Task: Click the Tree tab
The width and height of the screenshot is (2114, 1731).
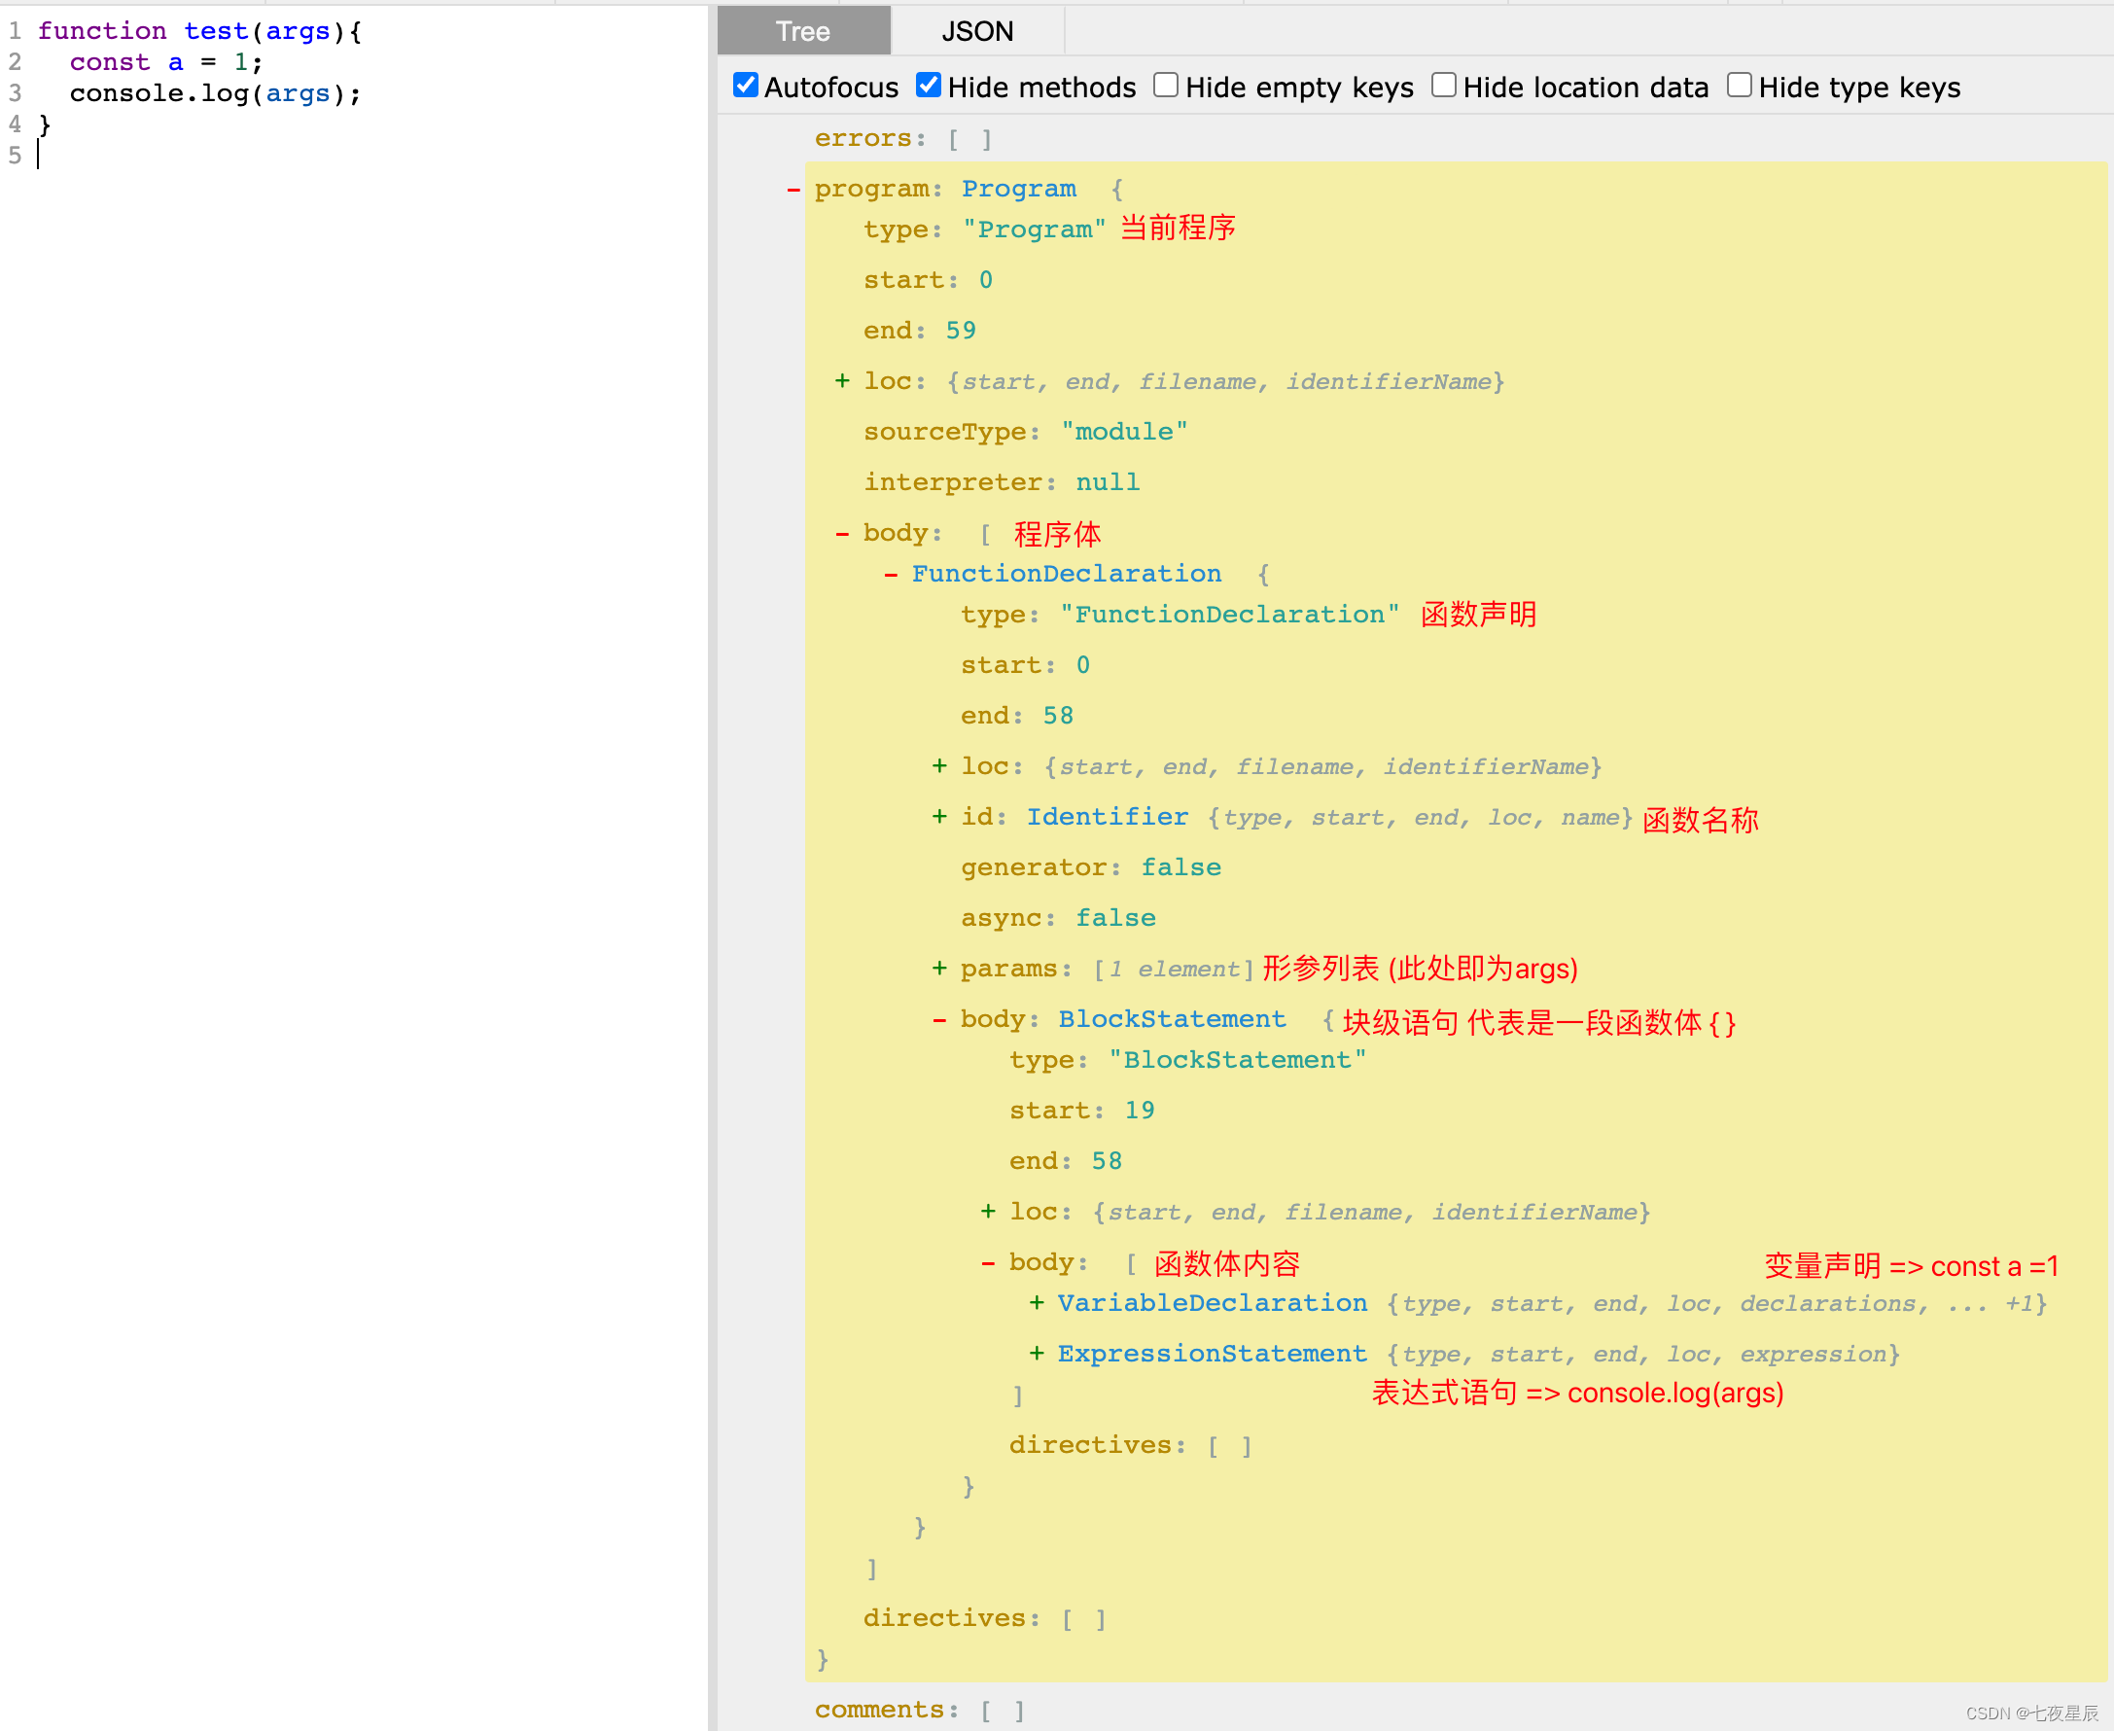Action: (x=803, y=31)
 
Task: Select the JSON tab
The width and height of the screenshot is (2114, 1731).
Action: (x=976, y=31)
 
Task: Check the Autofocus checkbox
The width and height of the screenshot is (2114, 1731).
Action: (x=746, y=86)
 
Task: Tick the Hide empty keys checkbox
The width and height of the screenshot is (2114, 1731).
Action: (x=1166, y=86)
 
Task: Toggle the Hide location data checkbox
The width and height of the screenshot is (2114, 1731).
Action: (x=1443, y=86)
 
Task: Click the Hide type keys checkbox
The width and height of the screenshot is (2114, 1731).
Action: (x=1739, y=86)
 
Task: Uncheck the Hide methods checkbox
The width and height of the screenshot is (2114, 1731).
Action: (x=929, y=86)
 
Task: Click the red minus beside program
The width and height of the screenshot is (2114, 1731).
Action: (x=793, y=190)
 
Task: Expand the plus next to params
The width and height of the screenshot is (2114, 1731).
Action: (x=939, y=969)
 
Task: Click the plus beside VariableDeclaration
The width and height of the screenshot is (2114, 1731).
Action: (x=1037, y=1303)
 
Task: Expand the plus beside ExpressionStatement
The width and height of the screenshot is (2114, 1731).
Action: (x=1037, y=1353)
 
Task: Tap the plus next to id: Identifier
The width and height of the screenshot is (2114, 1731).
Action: (x=939, y=817)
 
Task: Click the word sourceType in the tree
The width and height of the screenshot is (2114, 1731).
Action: (x=943, y=432)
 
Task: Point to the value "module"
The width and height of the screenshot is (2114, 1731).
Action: (x=1124, y=432)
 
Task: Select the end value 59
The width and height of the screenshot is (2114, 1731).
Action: (x=961, y=330)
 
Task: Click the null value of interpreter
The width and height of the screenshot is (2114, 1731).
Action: (x=1107, y=482)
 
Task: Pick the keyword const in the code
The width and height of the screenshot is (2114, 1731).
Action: (x=110, y=62)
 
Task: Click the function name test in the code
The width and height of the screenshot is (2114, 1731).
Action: (x=216, y=31)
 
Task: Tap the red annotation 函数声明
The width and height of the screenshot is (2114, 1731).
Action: (x=1478, y=615)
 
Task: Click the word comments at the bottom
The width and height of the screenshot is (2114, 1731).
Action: (x=878, y=1709)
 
